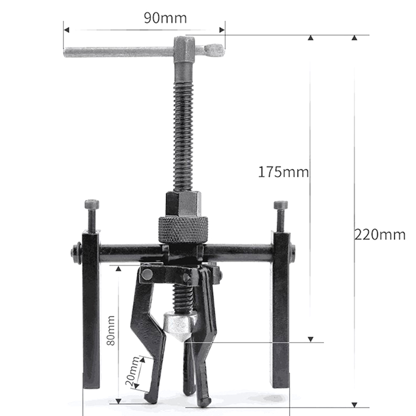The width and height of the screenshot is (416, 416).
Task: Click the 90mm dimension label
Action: [x=165, y=18]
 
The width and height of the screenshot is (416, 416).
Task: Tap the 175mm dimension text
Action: [x=283, y=172]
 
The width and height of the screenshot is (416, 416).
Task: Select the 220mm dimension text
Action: [x=380, y=235]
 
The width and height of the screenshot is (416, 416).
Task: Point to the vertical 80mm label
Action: [x=111, y=330]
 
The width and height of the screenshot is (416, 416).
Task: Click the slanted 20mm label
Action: [x=132, y=371]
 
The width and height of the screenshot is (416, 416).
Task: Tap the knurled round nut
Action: [x=184, y=229]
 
